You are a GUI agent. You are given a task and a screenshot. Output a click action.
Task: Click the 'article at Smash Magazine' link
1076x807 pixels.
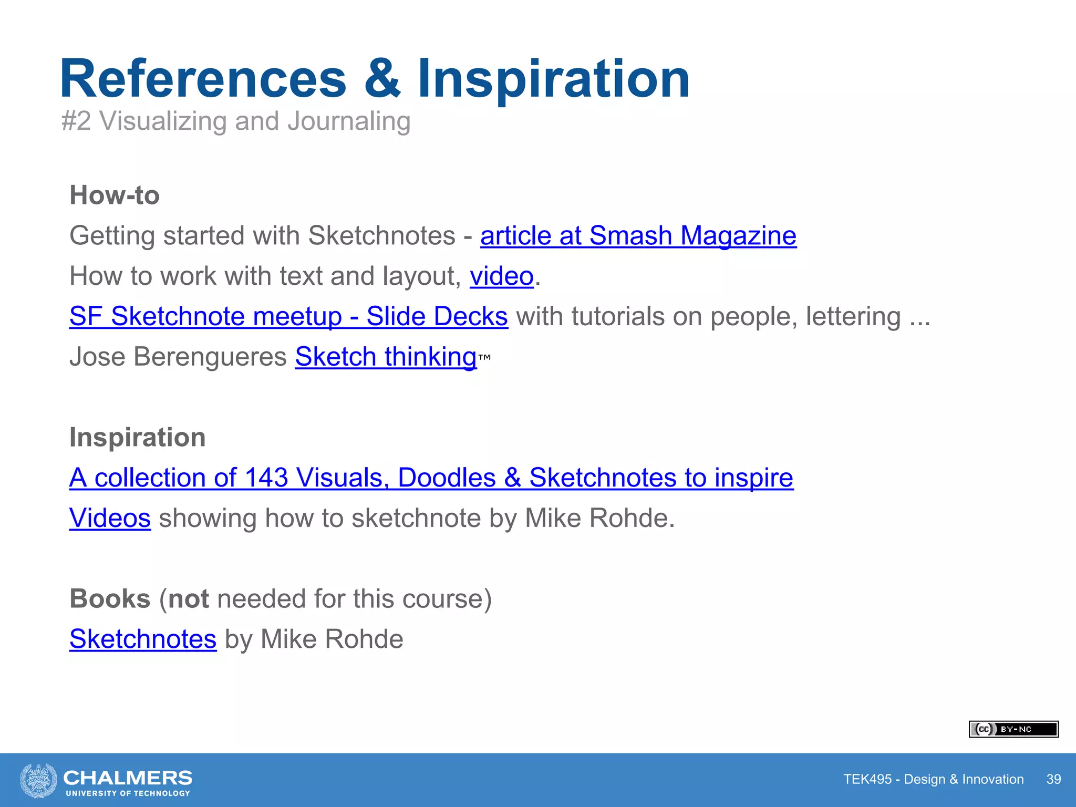(x=638, y=236)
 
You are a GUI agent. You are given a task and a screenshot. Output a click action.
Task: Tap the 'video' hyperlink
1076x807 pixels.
(x=501, y=276)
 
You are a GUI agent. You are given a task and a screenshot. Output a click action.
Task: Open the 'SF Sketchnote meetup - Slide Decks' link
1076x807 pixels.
(x=288, y=317)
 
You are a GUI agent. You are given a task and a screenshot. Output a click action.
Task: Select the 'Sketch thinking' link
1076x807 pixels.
(x=386, y=357)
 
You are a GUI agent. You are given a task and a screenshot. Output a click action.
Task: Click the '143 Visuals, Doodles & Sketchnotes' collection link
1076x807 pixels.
(x=431, y=478)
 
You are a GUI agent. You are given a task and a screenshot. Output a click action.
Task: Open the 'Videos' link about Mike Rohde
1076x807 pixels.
(x=110, y=519)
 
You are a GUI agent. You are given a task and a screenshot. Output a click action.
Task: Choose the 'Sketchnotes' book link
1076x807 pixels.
(x=143, y=639)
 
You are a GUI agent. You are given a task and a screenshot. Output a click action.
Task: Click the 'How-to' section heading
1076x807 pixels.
(x=115, y=195)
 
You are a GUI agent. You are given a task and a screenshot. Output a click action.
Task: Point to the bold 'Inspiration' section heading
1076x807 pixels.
(x=138, y=438)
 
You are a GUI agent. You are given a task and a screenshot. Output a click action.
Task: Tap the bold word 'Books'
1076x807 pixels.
(x=110, y=599)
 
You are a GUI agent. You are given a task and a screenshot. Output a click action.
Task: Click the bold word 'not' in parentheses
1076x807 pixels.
(x=189, y=599)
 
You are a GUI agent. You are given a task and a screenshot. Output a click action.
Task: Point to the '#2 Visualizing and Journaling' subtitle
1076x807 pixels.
(x=236, y=121)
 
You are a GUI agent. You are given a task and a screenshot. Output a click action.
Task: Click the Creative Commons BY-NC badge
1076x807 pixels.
(x=1013, y=729)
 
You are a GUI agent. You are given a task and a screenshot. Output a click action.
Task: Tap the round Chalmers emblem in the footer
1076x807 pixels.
(x=38, y=780)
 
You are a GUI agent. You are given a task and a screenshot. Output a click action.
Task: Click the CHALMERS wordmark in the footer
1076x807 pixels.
(x=128, y=778)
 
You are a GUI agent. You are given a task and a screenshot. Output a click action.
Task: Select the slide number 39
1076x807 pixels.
(x=1053, y=779)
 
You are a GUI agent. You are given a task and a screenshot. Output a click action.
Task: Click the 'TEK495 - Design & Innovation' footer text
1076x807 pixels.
(x=933, y=779)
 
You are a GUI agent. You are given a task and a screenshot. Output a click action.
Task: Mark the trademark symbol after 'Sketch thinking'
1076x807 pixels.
(x=484, y=357)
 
